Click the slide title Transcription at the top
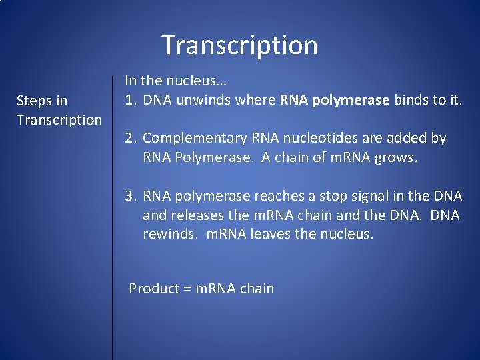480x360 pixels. tap(239, 45)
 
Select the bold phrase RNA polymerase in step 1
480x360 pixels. tap(335, 100)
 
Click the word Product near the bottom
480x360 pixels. tap(154, 289)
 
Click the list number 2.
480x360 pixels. tap(131, 138)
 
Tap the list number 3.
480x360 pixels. tap(131, 196)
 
